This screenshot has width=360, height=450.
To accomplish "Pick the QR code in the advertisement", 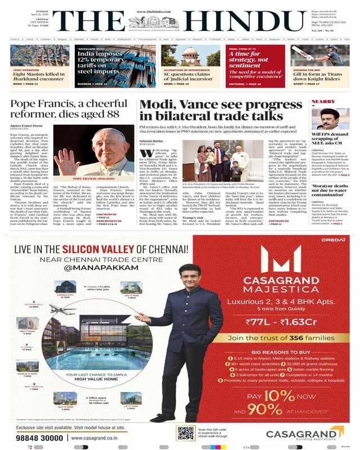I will (x=186, y=433).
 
